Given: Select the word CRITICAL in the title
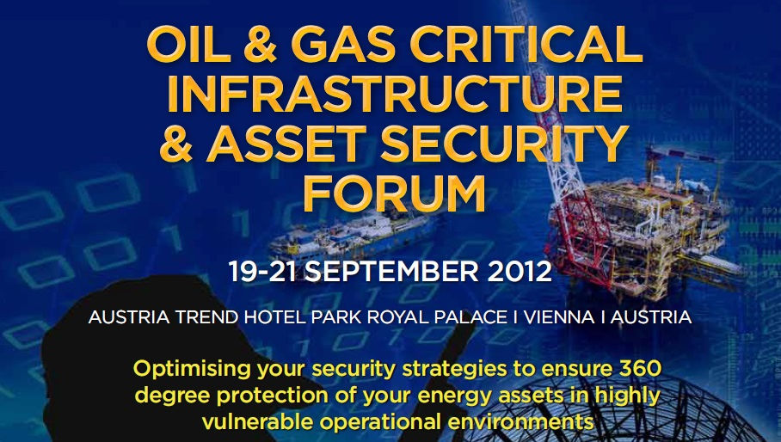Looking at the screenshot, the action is click(526, 44).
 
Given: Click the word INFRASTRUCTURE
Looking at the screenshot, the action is click(395, 94).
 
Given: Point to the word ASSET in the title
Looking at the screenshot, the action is click(286, 144).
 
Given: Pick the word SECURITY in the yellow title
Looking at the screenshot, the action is click(504, 144).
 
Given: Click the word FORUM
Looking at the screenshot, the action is click(395, 193).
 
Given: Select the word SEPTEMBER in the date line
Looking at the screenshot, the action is click(391, 271).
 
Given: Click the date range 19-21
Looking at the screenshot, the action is click(262, 271).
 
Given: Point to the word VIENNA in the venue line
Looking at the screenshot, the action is click(559, 317).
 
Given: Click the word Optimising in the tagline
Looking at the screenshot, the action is click(193, 369).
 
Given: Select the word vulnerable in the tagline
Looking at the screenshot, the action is click(257, 422).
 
